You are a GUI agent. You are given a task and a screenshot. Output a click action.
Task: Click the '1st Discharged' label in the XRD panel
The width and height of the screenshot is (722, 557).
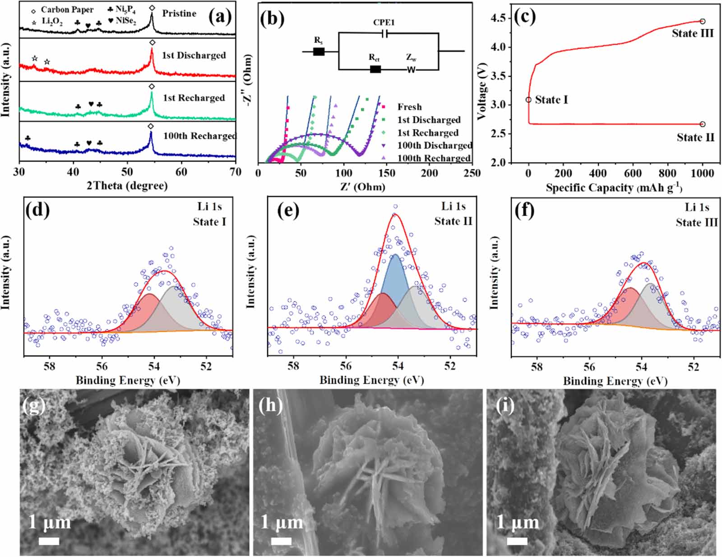pos(194,56)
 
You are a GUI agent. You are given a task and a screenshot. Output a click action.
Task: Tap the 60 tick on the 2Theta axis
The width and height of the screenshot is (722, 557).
pos(181,172)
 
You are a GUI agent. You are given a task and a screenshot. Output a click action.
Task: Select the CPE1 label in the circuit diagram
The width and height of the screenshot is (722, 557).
pos(384,23)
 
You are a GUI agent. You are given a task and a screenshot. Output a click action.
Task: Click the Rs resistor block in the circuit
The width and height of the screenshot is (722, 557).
pos(319,51)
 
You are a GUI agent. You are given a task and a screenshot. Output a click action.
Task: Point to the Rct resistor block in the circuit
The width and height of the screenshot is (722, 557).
pos(375,69)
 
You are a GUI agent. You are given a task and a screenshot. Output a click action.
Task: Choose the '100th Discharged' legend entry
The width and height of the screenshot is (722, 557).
pos(434,145)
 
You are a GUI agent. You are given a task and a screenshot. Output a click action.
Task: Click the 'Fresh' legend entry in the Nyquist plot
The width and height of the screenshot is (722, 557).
pos(409,107)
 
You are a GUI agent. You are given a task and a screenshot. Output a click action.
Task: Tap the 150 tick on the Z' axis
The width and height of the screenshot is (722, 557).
pos(386,173)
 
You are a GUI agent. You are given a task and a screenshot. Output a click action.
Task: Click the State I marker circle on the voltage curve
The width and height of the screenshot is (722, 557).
pos(528,100)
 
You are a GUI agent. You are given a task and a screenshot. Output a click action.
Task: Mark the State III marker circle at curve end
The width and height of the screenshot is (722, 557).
pos(703,21)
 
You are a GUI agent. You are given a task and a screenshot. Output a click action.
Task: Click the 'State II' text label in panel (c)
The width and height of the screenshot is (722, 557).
pos(695,138)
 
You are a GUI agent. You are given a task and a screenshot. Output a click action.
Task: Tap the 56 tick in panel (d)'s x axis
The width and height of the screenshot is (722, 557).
pos(102,366)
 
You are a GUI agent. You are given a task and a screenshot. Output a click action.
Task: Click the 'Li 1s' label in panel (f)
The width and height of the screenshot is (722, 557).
pos(697,207)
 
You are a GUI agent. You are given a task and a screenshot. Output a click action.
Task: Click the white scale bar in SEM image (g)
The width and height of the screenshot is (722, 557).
pos(49,540)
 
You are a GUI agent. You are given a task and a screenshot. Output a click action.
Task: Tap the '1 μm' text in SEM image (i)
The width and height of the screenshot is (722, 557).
pos(517,523)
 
